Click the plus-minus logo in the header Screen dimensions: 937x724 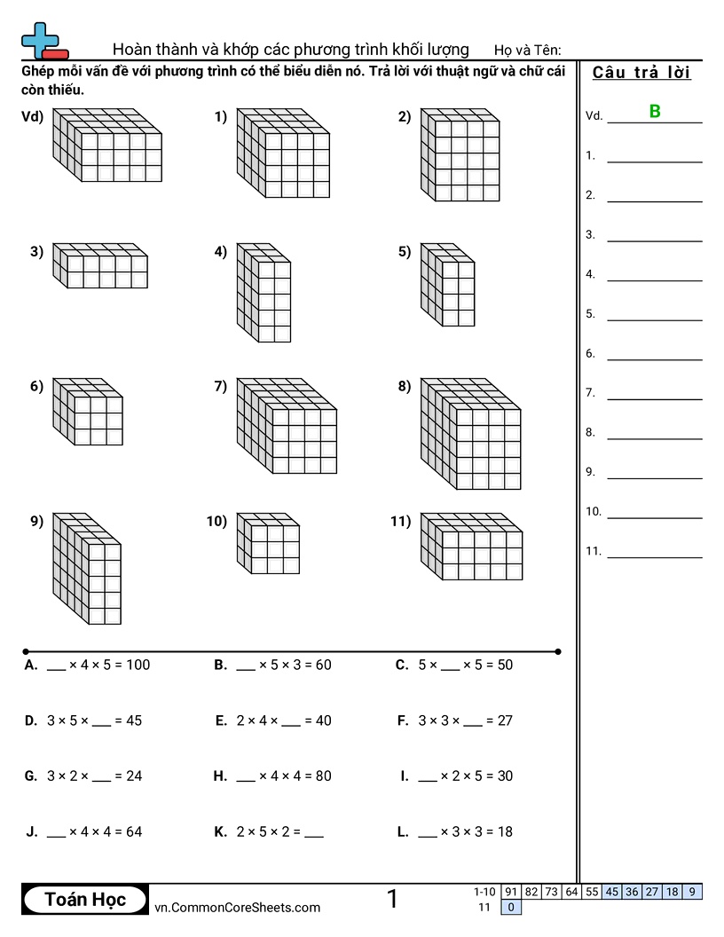click(43, 41)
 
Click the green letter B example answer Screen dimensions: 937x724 click(655, 112)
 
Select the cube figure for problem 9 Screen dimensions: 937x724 click(86, 569)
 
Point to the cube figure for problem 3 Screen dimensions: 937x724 click(99, 265)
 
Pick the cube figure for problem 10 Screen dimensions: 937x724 click(268, 543)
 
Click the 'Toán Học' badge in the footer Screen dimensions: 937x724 click(85, 899)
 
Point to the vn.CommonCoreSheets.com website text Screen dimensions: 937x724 click(237, 907)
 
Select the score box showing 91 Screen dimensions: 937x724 click(510, 892)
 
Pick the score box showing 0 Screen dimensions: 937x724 click(510, 907)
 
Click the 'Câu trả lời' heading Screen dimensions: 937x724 click(641, 73)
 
